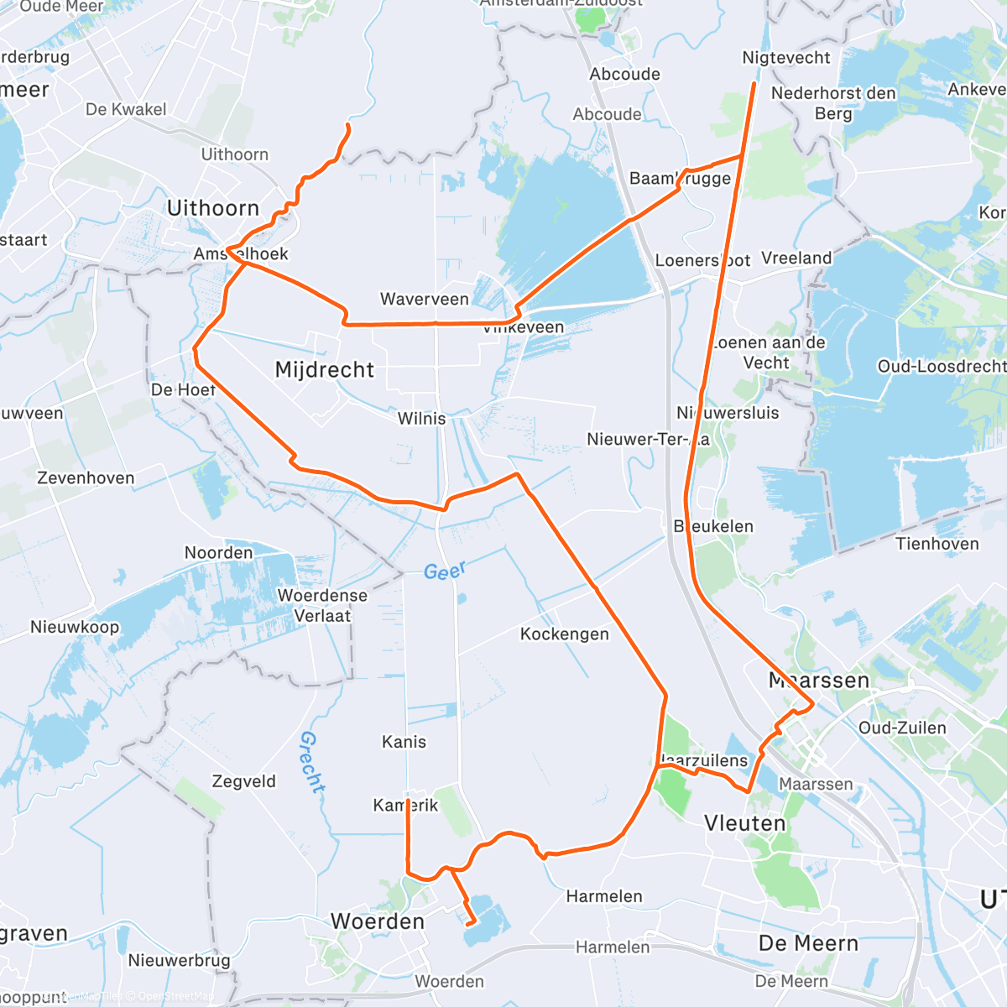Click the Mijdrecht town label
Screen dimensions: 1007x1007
point(325,370)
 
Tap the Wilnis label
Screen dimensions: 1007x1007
point(421,418)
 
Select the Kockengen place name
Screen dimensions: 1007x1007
point(565,634)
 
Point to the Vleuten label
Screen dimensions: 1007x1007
point(745,823)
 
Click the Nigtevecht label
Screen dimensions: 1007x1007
point(786,58)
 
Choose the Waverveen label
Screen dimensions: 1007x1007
point(425,300)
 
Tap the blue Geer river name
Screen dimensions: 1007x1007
point(444,571)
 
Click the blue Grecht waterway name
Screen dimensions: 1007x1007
point(312,762)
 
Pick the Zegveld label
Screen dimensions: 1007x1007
point(243,781)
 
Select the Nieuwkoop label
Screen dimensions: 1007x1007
point(75,627)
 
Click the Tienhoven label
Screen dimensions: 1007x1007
point(937,544)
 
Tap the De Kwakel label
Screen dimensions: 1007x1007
point(126,109)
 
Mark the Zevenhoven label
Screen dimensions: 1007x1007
point(86,477)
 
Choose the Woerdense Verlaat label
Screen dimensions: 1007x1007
point(322,605)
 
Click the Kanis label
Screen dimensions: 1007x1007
point(404,742)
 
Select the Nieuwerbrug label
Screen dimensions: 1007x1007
point(179,960)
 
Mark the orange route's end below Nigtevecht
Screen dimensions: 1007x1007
point(754,84)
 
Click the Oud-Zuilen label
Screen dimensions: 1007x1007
point(902,728)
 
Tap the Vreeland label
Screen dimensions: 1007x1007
point(796,258)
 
